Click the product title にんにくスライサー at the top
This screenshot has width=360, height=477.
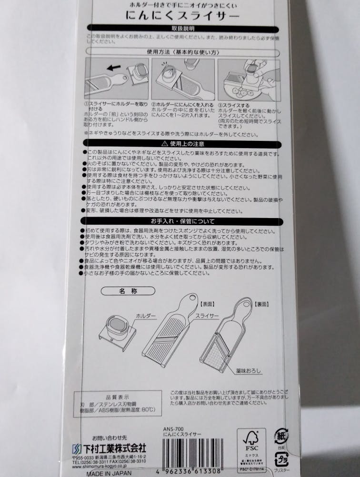pos(183,15)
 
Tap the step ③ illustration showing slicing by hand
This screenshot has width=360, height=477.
pos(248,79)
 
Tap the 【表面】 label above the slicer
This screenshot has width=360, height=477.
pos(208,303)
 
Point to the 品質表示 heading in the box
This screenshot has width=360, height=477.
pos(117,397)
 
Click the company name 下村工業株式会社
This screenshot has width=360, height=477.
pos(112,448)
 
